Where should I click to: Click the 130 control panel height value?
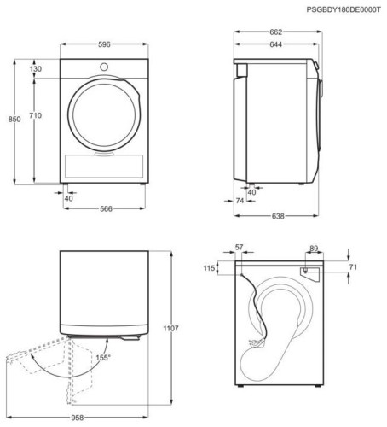(37, 68)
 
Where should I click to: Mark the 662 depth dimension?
(274, 32)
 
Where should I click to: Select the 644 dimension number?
(273, 44)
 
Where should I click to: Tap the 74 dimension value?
(240, 201)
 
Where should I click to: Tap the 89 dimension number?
(314, 249)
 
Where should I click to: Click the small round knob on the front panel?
(102, 67)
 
